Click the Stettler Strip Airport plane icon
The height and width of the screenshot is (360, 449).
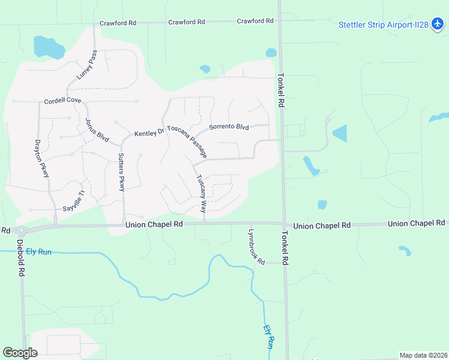point(438,25)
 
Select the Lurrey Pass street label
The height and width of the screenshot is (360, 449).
point(87,65)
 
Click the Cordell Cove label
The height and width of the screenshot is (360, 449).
point(62,101)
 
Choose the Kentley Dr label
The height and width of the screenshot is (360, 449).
point(149,133)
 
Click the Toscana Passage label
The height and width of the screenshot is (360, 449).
point(191,142)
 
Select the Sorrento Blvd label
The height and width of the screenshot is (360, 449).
point(229,127)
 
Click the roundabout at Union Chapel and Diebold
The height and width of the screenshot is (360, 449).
point(21,230)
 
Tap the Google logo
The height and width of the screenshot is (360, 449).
point(20,353)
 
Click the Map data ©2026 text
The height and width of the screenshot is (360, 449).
point(423,355)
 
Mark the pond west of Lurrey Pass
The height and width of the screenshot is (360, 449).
point(48,47)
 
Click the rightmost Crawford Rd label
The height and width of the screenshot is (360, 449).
point(255,21)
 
